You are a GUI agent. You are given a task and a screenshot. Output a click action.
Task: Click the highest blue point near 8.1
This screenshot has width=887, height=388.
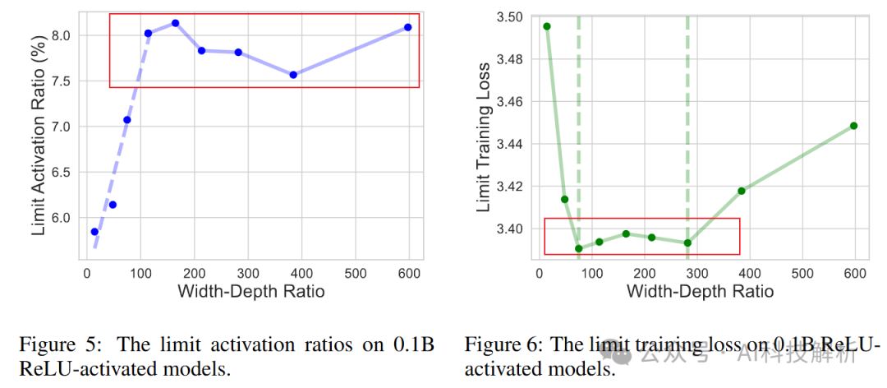[x=175, y=23]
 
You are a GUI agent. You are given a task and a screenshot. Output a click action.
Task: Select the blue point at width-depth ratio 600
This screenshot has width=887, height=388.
[x=407, y=27]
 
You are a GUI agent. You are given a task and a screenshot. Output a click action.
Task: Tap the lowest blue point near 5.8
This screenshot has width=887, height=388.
[x=94, y=232]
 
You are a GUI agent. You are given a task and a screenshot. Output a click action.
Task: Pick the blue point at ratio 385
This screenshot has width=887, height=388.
[x=293, y=75]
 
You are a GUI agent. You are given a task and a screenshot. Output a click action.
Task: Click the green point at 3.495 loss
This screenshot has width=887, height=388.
[x=547, y=26]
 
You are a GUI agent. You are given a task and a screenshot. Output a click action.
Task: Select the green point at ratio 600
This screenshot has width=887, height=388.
[x=854, y=126]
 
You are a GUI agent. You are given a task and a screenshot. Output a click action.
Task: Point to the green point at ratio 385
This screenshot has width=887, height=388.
[x=742, y=191]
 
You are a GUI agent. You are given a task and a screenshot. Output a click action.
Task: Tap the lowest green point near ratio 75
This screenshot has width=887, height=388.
[x=578, y=248]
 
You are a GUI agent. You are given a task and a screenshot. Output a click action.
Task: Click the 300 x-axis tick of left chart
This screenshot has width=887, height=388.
[x=247, y=272]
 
